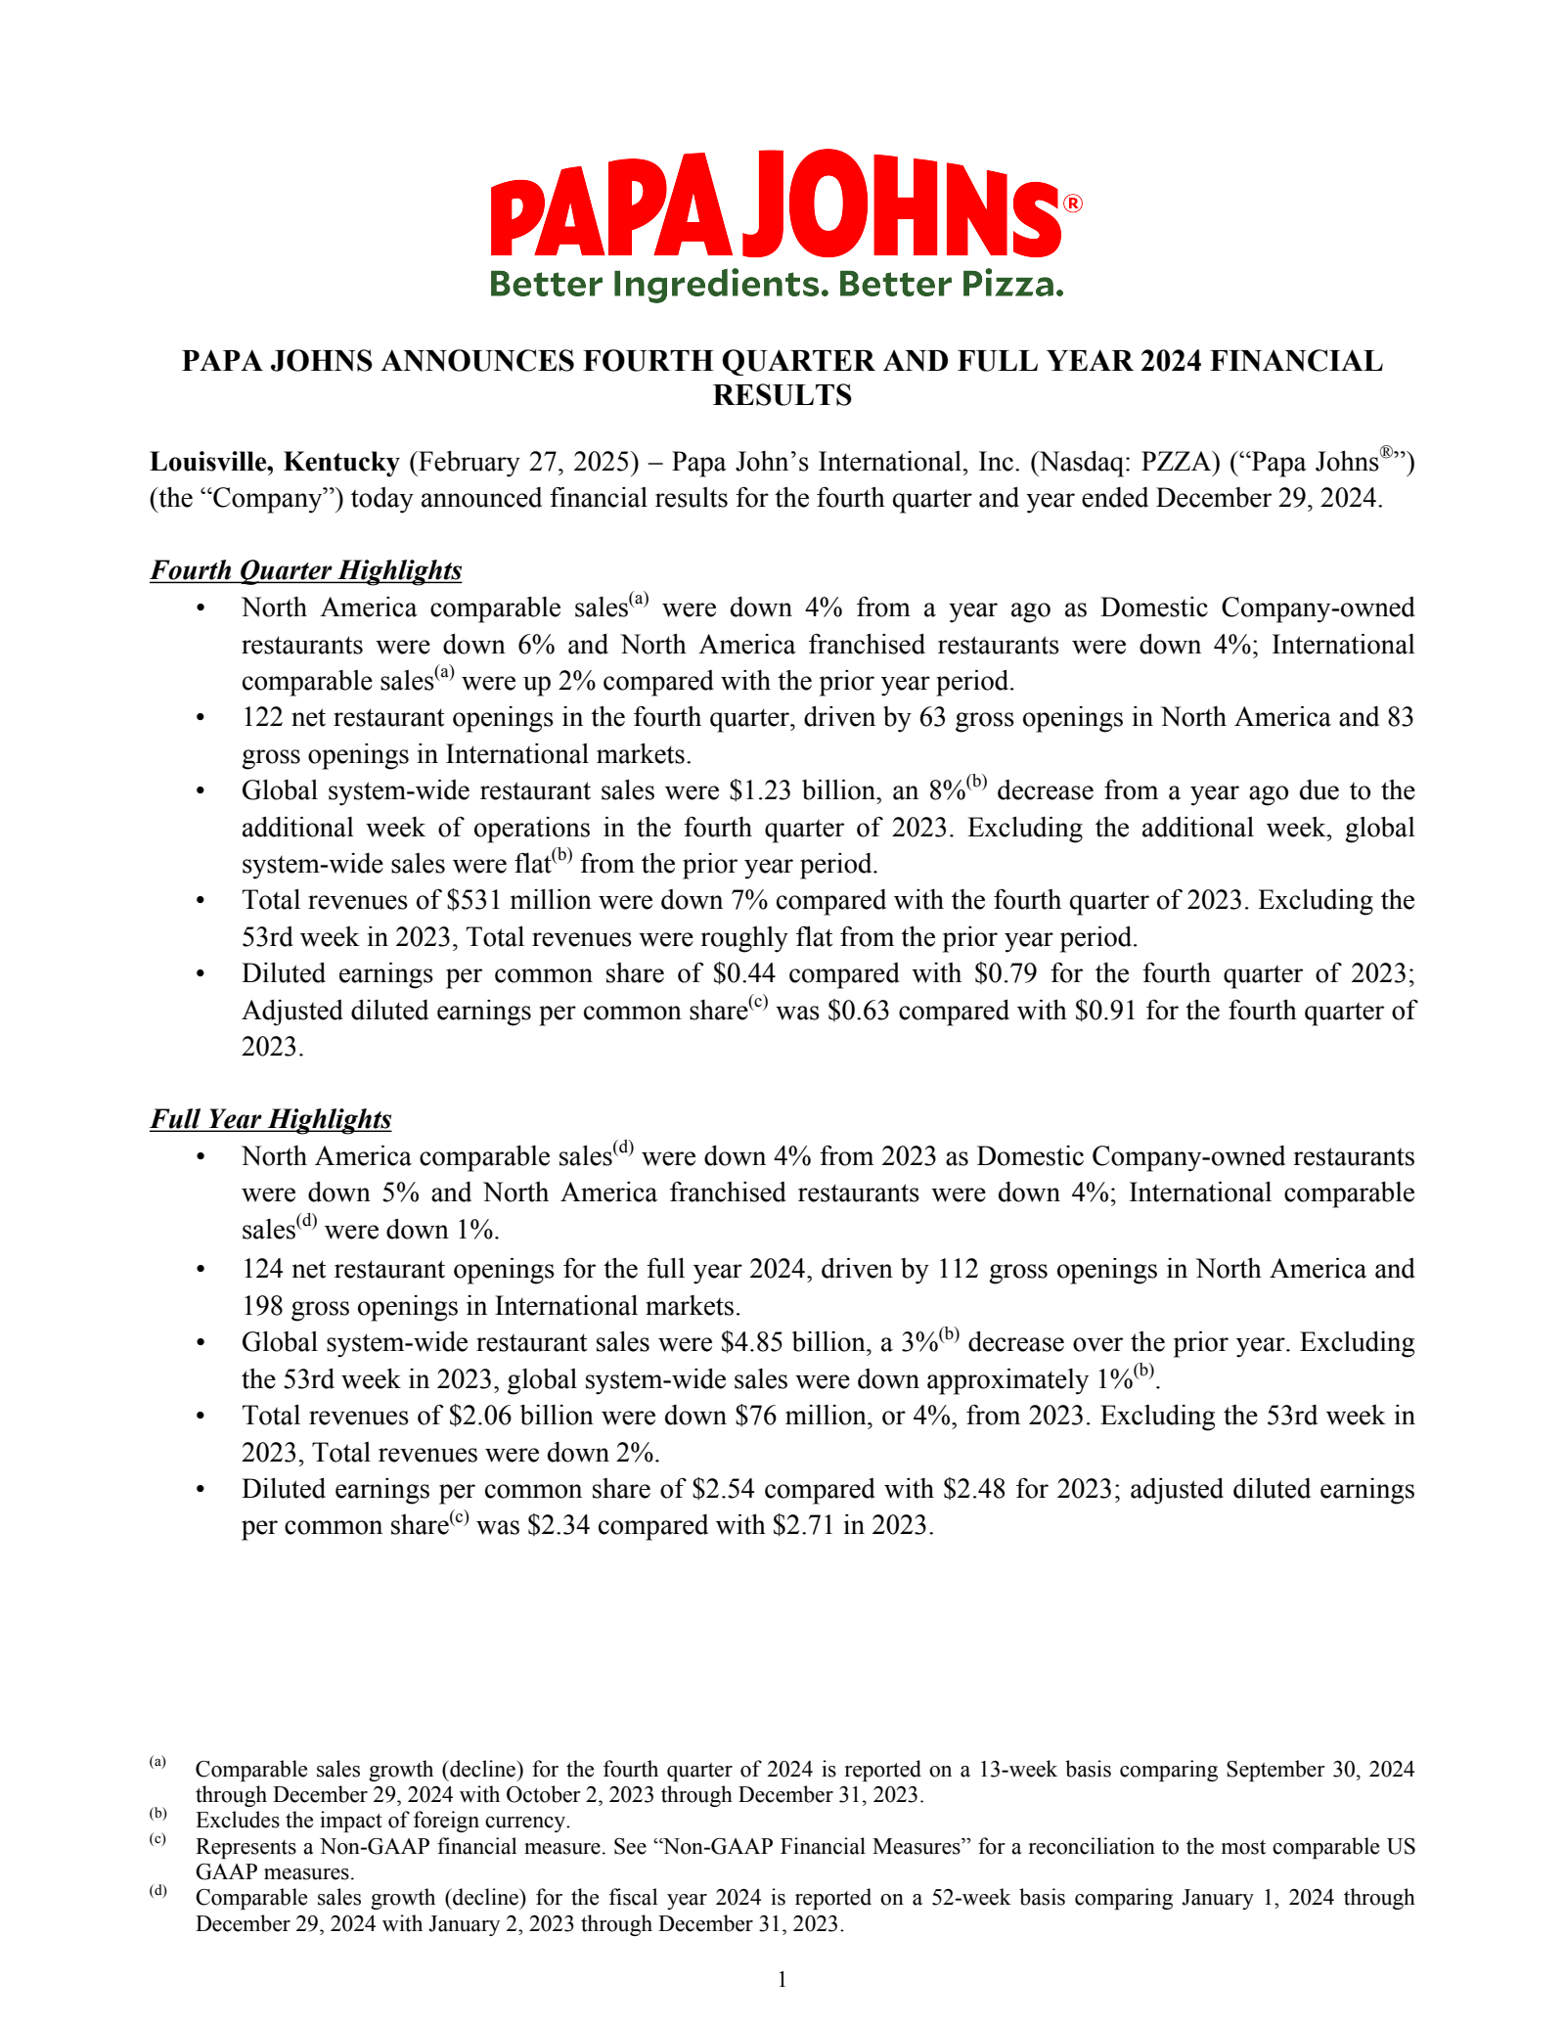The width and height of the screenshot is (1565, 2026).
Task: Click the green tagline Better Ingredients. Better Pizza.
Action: (776, 285)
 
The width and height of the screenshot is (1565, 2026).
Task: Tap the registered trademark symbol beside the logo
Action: (1072, 203)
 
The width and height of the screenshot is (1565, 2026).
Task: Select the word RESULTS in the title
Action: (782, 395)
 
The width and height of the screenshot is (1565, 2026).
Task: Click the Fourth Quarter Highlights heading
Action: (305, 570)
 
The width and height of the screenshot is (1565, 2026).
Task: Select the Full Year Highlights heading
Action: (271, 1119)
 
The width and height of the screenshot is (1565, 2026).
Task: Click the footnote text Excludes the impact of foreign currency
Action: (382, 1821)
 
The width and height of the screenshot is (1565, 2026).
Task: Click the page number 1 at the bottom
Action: (782, 1981)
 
